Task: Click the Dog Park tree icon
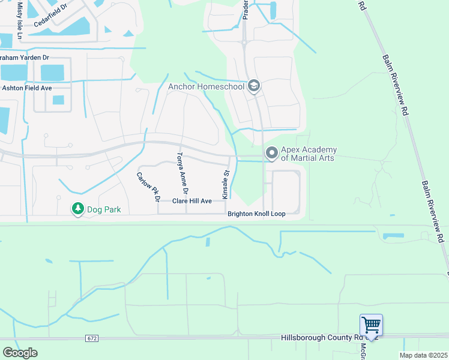pos(77,209)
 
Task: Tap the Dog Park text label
pos(104,210)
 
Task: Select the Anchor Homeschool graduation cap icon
pos(253,86)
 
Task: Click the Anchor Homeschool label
pos(206,86)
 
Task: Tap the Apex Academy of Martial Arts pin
pos(272,154)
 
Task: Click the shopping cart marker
pos(371,326)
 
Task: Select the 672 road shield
pos(91,338)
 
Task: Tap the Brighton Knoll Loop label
pos(256,214)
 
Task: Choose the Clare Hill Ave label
pos(192,201)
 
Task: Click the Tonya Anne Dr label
pos(182,173)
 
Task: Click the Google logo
pos(20,353)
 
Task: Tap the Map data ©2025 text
pos(423,355)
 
